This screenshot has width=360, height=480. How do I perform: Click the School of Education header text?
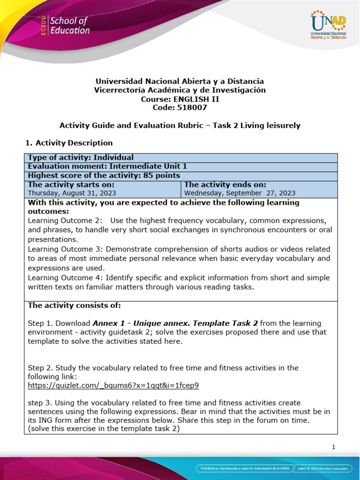69,26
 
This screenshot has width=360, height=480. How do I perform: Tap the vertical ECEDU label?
44,25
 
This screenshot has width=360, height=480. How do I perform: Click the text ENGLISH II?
196,99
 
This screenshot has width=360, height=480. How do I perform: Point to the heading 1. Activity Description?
68,142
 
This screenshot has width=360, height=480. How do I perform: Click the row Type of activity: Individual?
81,157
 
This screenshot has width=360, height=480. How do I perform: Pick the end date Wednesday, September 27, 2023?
240,193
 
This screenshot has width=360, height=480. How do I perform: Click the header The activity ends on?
225,184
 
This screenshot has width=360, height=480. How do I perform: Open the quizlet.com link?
113,385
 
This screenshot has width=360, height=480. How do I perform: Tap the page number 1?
333,447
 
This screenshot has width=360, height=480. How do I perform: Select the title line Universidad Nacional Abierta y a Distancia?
180,81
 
